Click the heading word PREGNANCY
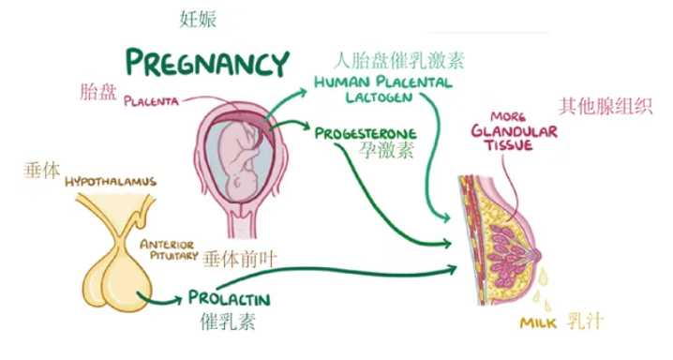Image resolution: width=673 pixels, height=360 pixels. [207, 63]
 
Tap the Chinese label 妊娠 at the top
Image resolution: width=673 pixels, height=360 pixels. [199, 18]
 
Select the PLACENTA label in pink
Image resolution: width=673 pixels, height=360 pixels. [153, 99]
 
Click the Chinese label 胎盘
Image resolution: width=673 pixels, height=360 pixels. [99, 92]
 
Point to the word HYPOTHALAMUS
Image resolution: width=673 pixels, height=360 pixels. [111, 180]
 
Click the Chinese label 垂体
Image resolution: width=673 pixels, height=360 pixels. [41, 171]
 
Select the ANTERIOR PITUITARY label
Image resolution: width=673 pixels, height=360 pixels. [166, 250]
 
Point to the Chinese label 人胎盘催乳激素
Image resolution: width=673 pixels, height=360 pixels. [399, 62]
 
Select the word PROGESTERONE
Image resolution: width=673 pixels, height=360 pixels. [365, 133]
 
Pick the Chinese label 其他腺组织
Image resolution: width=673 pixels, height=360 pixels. [605, 105]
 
